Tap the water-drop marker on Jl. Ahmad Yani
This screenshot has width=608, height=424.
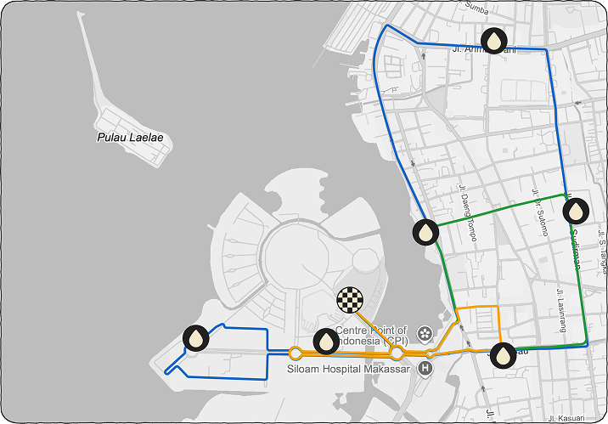coord(494,40)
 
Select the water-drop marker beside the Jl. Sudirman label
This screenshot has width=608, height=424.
coord(576,210)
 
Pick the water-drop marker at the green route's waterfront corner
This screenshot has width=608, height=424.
coord(425,230)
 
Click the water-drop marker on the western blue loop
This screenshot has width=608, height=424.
coord(196,338)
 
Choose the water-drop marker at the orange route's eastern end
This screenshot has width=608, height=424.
coord(504,354)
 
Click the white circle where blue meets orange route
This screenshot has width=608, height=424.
coord(296,353)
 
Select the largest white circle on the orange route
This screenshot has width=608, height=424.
coord(397,352)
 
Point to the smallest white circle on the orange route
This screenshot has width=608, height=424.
coord(431,353)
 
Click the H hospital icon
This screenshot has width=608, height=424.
coord(425,368)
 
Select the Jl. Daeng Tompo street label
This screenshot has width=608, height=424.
coord(466,213)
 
